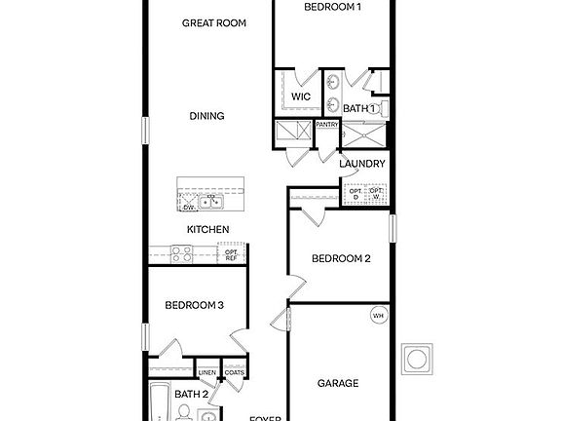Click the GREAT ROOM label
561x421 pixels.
click(213, 21)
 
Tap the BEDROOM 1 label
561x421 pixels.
click(332, 7)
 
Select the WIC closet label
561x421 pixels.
click(301, 96)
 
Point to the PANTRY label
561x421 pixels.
click(326, 125)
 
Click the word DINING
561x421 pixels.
click(206, 116)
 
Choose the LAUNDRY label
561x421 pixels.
click(362, 164)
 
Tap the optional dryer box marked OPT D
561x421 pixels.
click(355, 194)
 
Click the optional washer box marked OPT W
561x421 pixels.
click(375, 194)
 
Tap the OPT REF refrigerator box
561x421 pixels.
click(232, 254)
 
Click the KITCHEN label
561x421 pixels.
click(208, 229)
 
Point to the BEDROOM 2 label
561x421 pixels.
click(341, 258)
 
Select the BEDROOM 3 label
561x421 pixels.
click(194, 305)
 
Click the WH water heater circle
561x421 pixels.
click(378, 315)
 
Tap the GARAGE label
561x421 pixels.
click(338, 383)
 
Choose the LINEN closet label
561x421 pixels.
click(206, 372)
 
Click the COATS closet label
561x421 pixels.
click(233, 372)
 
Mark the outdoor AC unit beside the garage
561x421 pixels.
click(419, 357)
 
